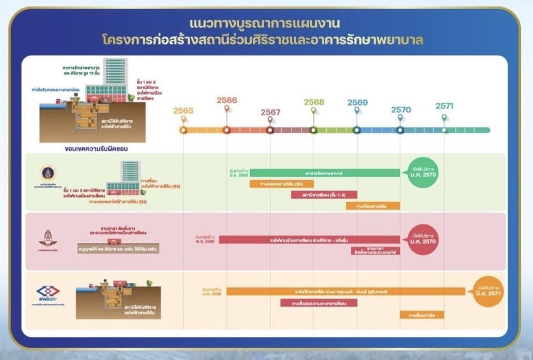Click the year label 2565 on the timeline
pyautogui.click(x=183, y=111)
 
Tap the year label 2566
pyautogui.click(x=227, y=100)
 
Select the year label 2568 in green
pyautogui.click(x=314, y=102)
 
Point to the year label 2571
pyautogui.click(x=444, y=106)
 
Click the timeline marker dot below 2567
pyautogui.click(x=270, y=130)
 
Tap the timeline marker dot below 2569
pyautogui.click(x=357, y=130)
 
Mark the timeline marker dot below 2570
pyautogui.click(x=400, y=130)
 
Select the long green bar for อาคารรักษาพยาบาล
pyautogui.click(x=325, y=173)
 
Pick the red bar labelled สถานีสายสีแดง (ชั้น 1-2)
pyautogui.click(x=324, y=195)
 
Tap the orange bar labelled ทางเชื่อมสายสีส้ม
pyautogui.click(x=373, y=205)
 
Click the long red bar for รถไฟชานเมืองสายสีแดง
pyautogui.click(x=310, y=240)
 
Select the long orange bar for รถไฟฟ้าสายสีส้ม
pyautogui.click(x=345, y=292)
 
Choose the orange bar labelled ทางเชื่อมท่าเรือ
pyautogui.click(x=422, y=315)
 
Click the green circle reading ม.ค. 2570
pyautogui.click(x=422, y=172)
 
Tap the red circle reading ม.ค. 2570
pyautogui.click(x=422, y=240)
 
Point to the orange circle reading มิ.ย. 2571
pyautogui.click(x=488, y=292)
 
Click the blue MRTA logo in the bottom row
pyautogui.click(x=48, y=293)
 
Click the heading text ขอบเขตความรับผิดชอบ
pyautogui.click(x=93, y=147)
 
